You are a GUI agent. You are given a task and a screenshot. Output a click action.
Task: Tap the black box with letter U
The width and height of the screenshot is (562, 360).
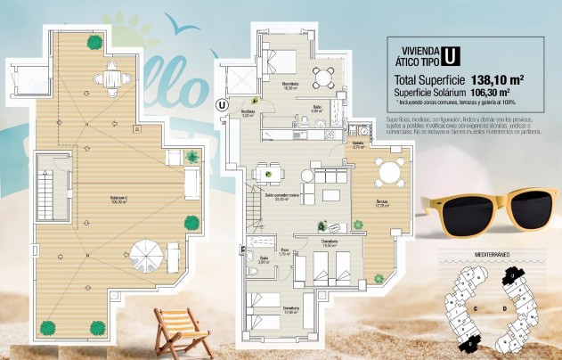pos(451,55)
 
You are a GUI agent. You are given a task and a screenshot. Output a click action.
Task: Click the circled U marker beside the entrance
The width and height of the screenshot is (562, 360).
pos(221,104)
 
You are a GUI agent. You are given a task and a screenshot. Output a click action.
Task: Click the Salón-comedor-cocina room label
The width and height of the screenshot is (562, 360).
pos(282,198)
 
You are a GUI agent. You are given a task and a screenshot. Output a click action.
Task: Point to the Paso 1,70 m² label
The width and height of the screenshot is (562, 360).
pos(287,253)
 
